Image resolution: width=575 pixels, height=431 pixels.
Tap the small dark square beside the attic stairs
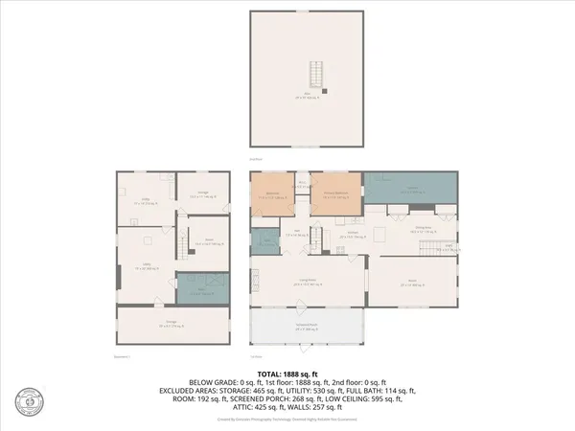point(325,91)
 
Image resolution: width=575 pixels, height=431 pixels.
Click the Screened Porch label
point(309,328)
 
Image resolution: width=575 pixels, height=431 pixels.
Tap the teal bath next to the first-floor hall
point(263,242)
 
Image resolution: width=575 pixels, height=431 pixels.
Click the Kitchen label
point(353,235)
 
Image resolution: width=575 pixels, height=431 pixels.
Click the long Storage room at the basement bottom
point(174,325)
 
